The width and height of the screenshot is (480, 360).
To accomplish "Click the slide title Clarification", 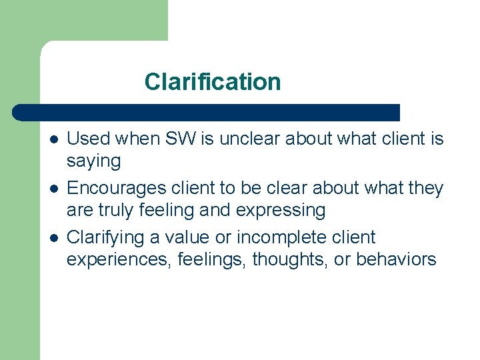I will [212, 82].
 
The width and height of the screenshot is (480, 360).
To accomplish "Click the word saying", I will [93, 161].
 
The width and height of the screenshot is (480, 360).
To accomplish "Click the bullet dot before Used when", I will [53, 139].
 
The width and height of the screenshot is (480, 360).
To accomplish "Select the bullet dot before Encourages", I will [53, 189].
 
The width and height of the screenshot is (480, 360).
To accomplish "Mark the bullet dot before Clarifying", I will [53, 238].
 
